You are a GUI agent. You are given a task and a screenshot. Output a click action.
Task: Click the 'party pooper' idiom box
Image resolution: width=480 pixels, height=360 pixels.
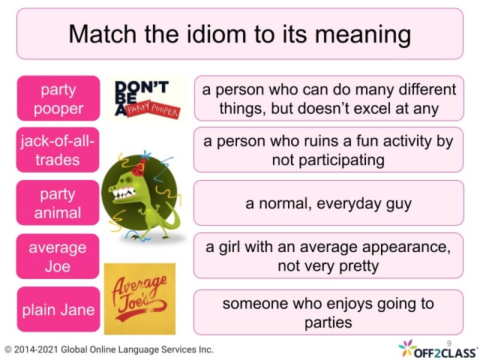pyautogui.click(x=58, y=97)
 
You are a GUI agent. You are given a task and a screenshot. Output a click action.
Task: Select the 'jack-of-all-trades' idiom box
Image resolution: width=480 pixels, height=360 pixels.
pyautogui.click(x=58, y=150)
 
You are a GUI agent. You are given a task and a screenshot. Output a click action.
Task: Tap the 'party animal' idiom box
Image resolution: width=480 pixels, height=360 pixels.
pyautogui.click(x=58, y=202)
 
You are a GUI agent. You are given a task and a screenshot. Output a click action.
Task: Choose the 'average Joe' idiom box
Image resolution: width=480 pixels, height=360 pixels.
pyautogui.click(x=58, y=256)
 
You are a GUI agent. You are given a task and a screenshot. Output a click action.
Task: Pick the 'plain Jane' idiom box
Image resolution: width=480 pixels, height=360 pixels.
pyautogui.click(x=58, y=309)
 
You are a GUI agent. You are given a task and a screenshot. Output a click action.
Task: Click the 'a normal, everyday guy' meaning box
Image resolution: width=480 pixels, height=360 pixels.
pyautogui.click(x=328, y=202)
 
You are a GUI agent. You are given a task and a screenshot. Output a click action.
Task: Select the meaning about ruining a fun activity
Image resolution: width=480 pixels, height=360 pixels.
pyautogui.click(x=328, y=150)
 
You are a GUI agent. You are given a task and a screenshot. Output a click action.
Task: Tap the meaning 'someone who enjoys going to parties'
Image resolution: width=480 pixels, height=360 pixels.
pyautogui.click(x=328, y=313)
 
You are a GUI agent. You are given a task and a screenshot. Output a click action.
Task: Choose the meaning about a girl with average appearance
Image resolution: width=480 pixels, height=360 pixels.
pyautogui.click(x=328, y=256)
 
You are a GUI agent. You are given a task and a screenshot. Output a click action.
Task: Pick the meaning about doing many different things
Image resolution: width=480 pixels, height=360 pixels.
pyautogui.click(x=328, y=98)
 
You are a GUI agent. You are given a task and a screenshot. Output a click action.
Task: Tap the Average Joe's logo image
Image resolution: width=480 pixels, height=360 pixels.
pyautogui.click(x=139, y=298)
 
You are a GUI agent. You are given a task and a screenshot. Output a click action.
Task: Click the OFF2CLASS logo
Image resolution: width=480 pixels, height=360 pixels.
pyautogui.click(x=436, y=349)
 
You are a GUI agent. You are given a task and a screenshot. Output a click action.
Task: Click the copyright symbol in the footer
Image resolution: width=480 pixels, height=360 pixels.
pyautogui.click(x=8, y=349)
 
